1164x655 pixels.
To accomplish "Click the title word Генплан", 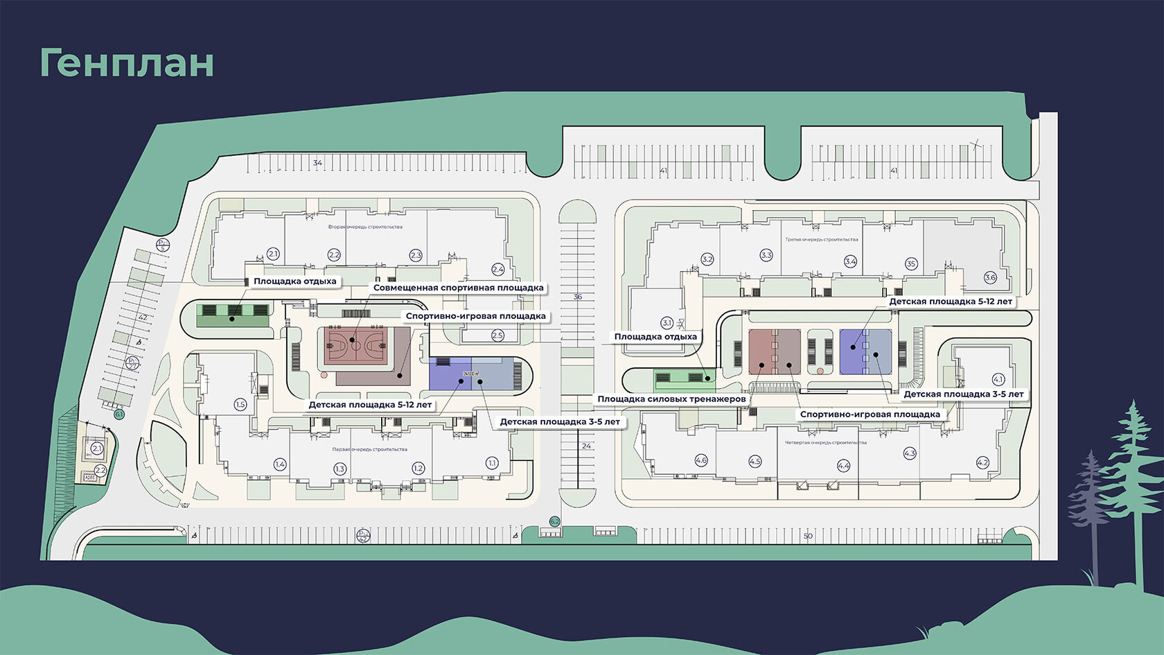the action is click(x=127, y=63).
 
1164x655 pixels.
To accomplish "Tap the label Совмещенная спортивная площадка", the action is click(x=458, y=288).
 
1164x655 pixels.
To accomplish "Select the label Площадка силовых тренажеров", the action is click(x=671, y=399).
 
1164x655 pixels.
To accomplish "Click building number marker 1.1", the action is click(x=492, y=463).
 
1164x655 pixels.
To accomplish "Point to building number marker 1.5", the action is click(x=240, y=405).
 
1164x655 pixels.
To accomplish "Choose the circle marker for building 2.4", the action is click(x=497, y=269).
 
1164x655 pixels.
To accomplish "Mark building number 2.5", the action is click(x=497, y=336).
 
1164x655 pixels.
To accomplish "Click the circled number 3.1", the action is click(x=667, y=323).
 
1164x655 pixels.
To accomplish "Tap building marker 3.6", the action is click(x=990, y=277).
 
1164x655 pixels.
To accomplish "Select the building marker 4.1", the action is click(x=998, y=379).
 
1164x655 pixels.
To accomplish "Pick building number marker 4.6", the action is click(x=701, y=460).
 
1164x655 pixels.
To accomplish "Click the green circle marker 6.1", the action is click(x=119, y=414).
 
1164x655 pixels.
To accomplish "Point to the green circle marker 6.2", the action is click(x=554, y=521).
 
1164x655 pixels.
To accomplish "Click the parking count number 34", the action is click(x=317, y=163).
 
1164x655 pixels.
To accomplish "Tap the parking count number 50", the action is click(x=808, y=536).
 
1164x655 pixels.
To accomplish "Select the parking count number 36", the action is click(x=578, y=297).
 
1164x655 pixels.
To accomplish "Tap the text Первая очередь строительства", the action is click(x=369, y=449).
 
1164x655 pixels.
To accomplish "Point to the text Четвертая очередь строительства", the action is click(x=825, y=442).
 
